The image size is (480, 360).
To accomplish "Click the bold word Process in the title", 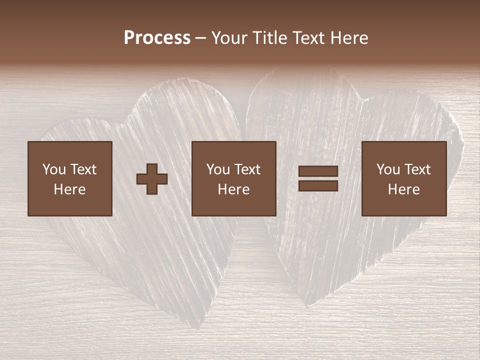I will tap(157, 38).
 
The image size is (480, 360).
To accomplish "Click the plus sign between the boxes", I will tap(152, 179).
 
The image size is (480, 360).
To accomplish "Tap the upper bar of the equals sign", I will tap(318, 172).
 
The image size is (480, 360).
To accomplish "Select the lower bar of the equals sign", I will tap(318, 186).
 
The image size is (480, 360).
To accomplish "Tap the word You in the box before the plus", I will tap(53, 169).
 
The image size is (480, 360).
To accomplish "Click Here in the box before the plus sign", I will tap(70, 189).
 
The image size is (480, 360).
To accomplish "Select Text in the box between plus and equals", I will tap(247, 169).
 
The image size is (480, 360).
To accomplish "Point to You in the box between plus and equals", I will tap(218, 169).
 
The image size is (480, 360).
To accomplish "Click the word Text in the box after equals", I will tap(417, 169).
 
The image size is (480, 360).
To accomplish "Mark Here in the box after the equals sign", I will tap(404, 189).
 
